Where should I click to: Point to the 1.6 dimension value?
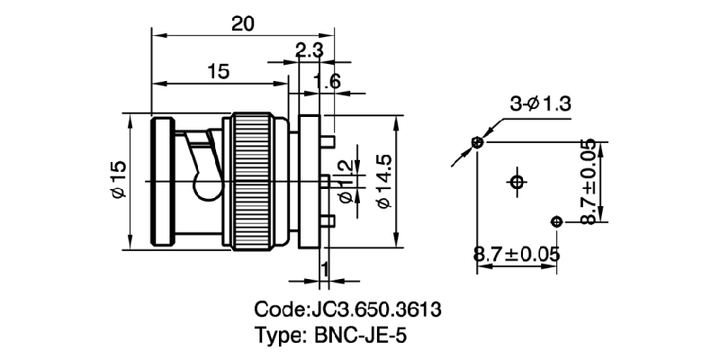tap(328, 83)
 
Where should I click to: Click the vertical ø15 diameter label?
tap(117, 180)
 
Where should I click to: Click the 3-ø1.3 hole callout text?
tap(541, 104)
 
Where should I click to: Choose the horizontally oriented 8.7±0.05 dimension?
tap(517, 255)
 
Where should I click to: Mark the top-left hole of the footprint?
tap(478, 142)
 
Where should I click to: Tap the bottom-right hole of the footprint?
tap(556, 221)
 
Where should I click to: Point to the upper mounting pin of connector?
tap(329, 141)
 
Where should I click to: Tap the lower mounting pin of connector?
tap(329, 220)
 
